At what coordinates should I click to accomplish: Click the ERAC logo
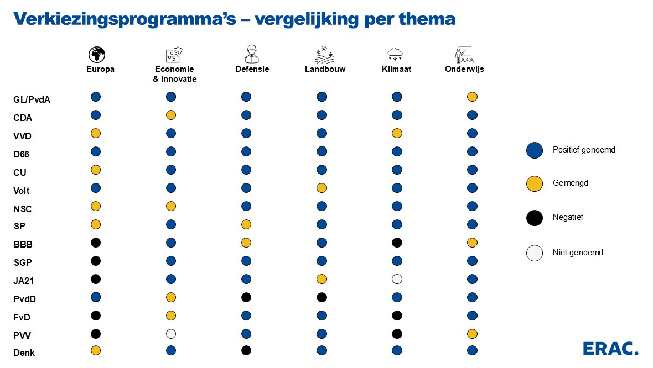pos(610,348)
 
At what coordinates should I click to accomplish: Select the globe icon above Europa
pos(96,54)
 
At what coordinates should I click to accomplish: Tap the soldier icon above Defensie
pos(252,54)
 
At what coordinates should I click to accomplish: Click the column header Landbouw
pos(325,69)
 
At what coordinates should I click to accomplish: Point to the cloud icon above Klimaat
pos(395,54)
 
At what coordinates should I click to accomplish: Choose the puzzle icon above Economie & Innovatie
pos(174,54)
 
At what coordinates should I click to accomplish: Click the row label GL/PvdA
pos(32,99)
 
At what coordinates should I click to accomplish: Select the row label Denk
pos(24,353)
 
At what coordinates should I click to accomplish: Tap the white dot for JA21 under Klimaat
pos(397,280)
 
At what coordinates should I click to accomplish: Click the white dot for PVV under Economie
pos(171,334)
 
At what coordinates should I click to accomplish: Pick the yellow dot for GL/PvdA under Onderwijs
pos(472,97)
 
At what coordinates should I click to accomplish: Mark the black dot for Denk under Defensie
pos(246,350)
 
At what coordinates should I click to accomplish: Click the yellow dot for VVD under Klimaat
pos(397,133)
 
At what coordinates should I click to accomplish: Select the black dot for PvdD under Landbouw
pos(322,298)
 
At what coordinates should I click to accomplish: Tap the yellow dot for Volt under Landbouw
pos(322,188)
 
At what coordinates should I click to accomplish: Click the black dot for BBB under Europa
pos(96,243)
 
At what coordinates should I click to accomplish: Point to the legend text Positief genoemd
pos(584,150)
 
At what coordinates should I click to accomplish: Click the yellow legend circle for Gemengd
pos(535,184)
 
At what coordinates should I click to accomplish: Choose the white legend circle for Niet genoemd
pos(535,253)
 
